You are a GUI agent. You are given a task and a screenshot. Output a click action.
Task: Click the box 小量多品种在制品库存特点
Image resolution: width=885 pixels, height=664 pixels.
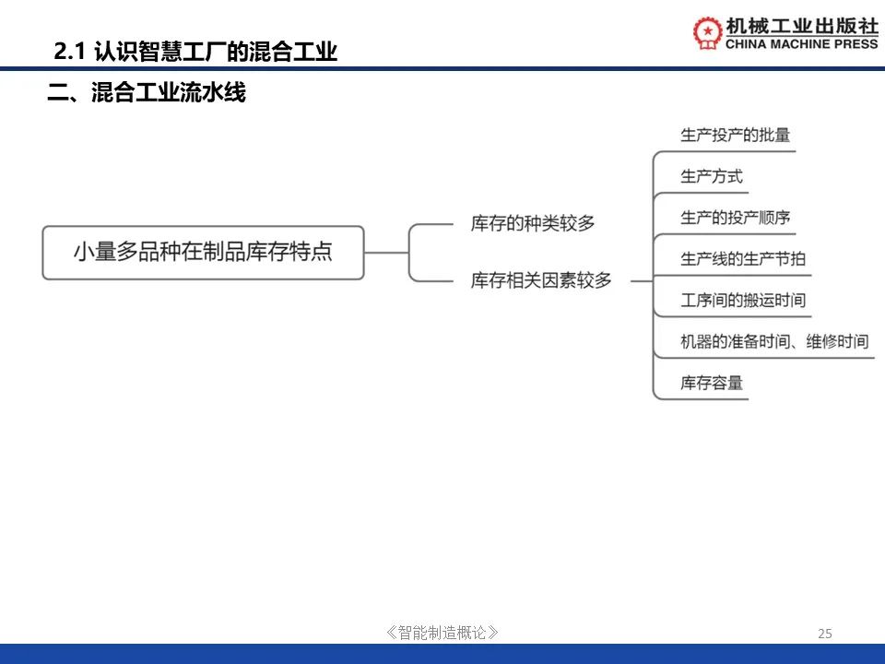tap(203, 253)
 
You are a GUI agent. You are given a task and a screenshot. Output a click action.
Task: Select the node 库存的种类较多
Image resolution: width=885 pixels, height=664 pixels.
tap(533, 223)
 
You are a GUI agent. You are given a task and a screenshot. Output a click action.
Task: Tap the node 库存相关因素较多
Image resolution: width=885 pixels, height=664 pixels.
tap(541, 280)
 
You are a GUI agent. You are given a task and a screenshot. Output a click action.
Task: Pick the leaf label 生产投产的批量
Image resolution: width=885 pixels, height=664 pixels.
tap(735, 136)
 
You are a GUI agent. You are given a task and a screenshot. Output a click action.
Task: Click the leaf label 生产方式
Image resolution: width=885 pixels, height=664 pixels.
tap(711, 177)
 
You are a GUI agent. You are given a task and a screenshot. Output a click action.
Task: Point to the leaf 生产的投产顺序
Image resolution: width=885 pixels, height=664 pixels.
tap(735, 218)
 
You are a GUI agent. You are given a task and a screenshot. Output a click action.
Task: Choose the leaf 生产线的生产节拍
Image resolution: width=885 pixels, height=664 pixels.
tap(743, 259)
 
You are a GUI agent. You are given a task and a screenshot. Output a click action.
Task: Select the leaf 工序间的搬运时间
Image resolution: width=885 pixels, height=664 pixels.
tap(743, 301)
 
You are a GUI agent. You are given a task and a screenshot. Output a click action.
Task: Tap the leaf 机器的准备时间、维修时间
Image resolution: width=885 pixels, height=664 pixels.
tap(774, 341)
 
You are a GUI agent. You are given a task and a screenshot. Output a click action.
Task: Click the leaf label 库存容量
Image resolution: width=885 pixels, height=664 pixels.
tap(711, 383)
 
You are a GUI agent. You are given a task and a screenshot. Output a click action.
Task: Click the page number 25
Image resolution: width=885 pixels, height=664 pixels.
tap(824, 634)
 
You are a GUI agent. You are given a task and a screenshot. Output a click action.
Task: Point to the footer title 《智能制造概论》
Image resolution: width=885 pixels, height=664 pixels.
tap(442, 633)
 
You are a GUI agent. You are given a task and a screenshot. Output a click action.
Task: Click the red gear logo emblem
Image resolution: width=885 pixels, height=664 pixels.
tap(708, 33)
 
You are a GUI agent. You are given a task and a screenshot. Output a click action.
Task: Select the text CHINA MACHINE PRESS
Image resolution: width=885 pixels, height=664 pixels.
tap(801, 44)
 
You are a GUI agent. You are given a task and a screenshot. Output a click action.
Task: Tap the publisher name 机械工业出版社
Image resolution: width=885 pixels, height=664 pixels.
tap(802, 26)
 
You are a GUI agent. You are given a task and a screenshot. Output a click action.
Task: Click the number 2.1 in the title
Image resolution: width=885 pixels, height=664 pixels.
tap(69, 52)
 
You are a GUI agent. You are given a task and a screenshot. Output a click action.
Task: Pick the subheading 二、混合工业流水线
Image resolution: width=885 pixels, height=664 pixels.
tap(147, 92)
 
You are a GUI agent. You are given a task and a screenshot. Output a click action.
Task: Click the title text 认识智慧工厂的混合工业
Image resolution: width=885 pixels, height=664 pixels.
tap(216, 52)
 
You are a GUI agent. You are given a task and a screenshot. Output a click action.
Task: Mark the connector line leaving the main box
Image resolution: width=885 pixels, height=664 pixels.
tap(386, 253)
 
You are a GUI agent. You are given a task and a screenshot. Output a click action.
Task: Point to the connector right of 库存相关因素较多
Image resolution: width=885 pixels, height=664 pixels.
tap(642, 280)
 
